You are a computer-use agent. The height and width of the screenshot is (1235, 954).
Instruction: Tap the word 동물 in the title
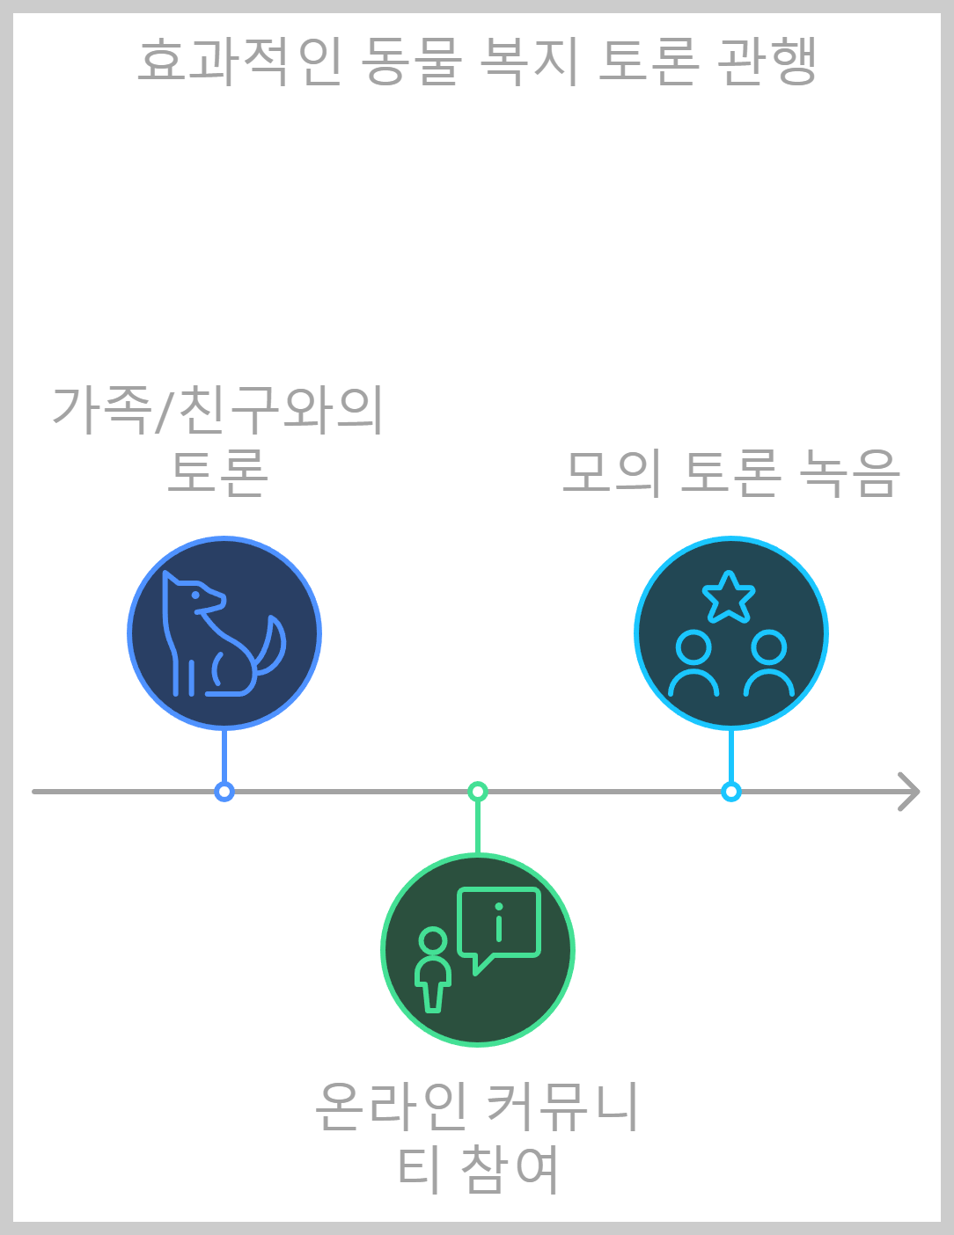click(411, 62)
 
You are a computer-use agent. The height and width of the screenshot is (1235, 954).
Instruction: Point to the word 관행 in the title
click(767, 62)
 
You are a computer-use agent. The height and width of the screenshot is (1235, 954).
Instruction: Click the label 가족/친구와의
click(218, 410)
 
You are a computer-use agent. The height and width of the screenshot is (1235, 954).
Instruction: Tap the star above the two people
click(729, 597)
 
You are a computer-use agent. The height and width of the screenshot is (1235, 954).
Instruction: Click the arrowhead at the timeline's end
click(910, 792)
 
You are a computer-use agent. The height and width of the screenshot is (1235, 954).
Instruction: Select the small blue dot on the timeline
click(224, 792)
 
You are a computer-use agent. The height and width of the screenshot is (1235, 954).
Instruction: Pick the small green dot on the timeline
click(478, 792)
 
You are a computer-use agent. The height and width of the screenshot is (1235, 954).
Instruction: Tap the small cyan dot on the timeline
click(731, 792)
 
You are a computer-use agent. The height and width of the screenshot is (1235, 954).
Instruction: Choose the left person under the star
click(693, 664)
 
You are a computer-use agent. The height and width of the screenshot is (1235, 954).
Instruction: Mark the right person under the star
click(769, 664)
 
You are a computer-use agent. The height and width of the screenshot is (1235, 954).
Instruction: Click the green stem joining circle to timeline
click(478, 827)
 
